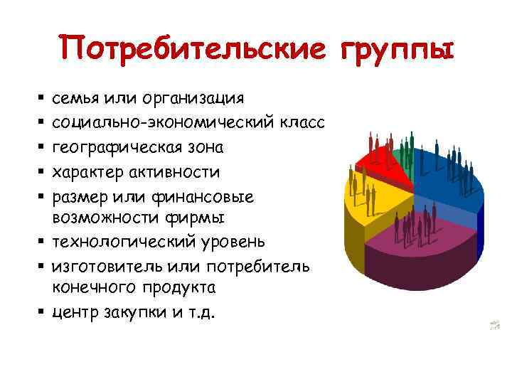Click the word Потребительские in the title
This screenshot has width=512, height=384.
(x=192, y=50)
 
